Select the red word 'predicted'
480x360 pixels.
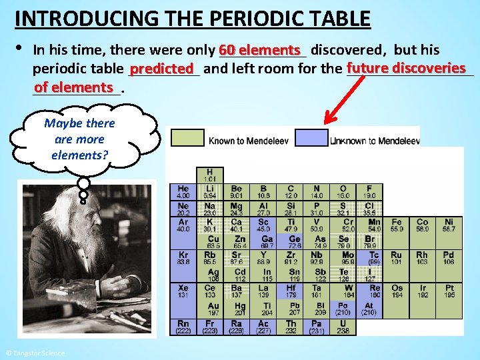(x=161, y=69)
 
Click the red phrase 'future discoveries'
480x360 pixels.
(x=405, y=68)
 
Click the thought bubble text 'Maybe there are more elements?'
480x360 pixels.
(x=79, y=139)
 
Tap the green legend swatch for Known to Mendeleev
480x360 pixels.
(x=188, y=137)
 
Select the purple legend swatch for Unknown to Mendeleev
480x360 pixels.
(x=311, y=137)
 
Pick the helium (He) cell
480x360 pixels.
(x=183, y=191)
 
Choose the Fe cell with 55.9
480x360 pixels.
(x=396, y=225)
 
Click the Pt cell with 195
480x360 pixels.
(x=449, y=291)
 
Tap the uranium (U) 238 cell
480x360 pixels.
(x=343, y=326)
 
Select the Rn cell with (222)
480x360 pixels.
(x=183, y=326)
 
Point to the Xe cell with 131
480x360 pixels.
(x=183, y=291)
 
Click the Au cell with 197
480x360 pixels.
(x=213, y=309)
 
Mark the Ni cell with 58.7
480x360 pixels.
(x=449, y=225)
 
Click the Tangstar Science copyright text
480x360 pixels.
(x=35, y=353)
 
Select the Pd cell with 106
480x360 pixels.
(x=449, y=257)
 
